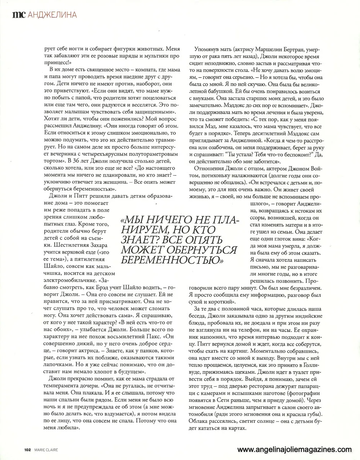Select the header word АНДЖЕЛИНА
click(52, 15)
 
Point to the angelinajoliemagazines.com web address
click(294, 450)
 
